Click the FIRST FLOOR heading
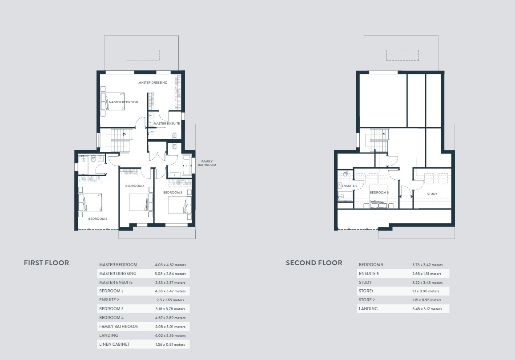click(46, 263)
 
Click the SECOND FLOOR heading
click(314, 263)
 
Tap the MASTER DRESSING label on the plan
click(153, 82)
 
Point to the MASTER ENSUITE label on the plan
click(167, 124)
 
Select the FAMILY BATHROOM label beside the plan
click(207, 163)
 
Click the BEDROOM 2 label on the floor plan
click(97, 218)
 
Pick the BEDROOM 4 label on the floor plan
click(135, 186)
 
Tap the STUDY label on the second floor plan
click(432, 194)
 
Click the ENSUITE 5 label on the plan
click(349, 186)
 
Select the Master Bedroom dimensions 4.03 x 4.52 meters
click(170, 265)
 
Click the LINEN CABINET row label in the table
click(114, 344)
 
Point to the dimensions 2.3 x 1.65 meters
click(170, 300)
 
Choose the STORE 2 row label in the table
click(367, 300)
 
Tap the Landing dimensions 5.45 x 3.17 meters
click(427, 309)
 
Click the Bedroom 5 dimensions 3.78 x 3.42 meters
click(427, 265)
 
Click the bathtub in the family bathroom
click(187, 165)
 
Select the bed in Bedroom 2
click(90, 202)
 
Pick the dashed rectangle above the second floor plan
click(402, 55)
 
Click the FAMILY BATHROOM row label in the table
click(119, 327)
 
